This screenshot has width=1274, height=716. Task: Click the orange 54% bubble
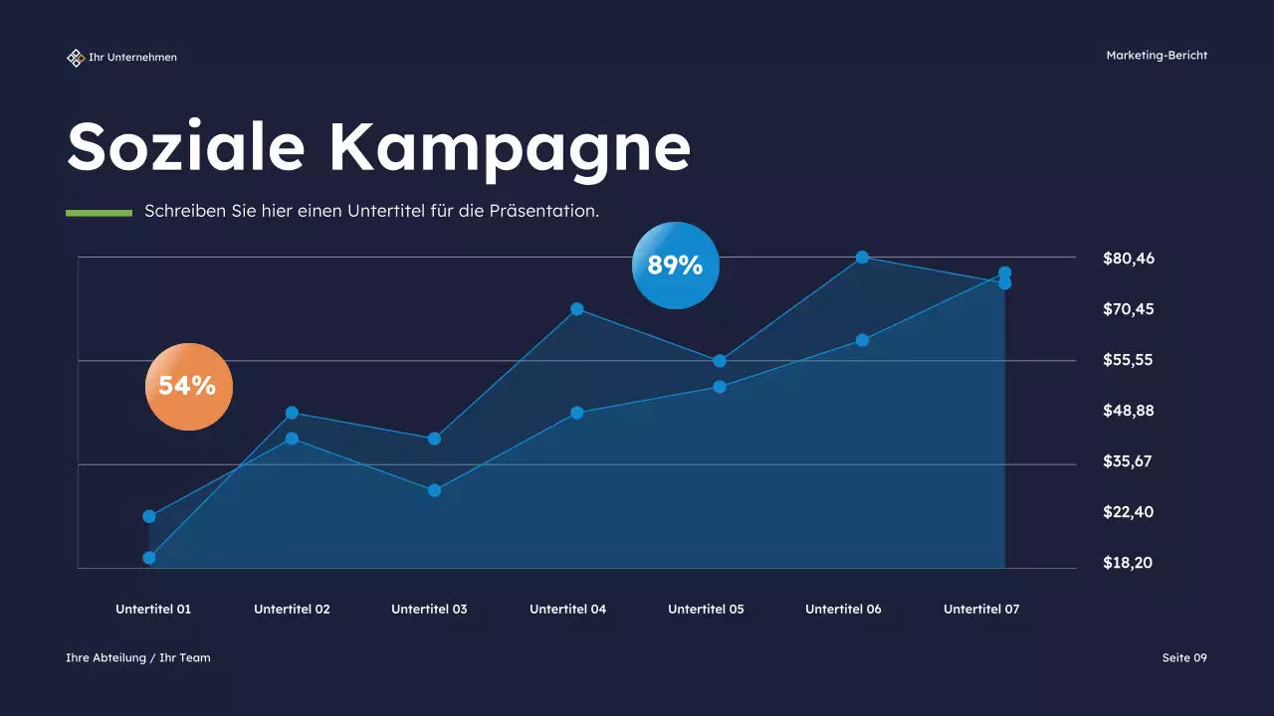tap(188, 386)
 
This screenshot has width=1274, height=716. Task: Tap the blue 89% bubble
tap(675, 266)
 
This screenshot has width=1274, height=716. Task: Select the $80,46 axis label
tap(1129, 259)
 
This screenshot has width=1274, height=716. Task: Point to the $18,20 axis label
tap(1129, 563)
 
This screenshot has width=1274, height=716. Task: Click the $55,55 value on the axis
tap(1129, 360)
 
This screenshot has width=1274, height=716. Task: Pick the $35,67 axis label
tap(1129, 461)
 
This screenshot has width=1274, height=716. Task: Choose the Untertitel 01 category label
tap(153, 610)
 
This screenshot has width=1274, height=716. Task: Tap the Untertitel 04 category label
tap(567, 610)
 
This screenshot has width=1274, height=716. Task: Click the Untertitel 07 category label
tap(981, 610)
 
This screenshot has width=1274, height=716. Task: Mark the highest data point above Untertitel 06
tap(862, 258)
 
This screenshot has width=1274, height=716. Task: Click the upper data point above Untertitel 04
tap(577, 309)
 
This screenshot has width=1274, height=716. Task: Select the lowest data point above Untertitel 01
tap(149, 558)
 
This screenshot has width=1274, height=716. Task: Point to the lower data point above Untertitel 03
tap(434, 490)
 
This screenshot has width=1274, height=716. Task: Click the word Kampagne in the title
tap(510, 147)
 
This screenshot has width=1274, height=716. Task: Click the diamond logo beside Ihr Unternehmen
tap(75, 58)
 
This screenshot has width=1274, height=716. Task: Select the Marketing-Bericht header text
tap(1157, 56)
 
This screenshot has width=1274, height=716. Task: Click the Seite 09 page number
tap(1184, 657)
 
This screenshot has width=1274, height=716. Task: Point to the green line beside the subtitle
tap(99, 213)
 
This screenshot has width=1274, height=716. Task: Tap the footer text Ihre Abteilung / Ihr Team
tap(138, 657)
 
